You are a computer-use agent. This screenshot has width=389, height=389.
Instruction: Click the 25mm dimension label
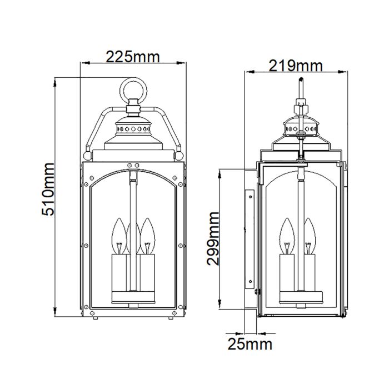(250, 345)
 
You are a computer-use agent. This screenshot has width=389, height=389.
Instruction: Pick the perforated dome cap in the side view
(300, 129)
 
